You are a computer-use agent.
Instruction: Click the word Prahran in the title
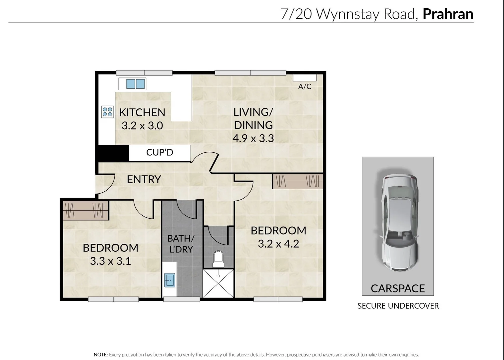click(448, 14)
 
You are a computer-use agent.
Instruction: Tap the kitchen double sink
click(136, 84)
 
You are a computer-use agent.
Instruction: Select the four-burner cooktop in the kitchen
click(107, 112)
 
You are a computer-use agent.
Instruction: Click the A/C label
click(304, 86)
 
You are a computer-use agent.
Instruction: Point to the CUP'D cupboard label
click(160, 152)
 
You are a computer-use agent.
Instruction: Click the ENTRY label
click(144, 179)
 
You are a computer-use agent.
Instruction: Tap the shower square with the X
click(218, 283)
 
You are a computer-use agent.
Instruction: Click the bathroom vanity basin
click(170, 280)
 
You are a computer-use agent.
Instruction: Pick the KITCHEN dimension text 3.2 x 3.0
click(142, 126)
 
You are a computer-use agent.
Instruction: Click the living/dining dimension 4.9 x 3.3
click(253, 138)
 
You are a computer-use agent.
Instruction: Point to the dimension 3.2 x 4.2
click(278, 244)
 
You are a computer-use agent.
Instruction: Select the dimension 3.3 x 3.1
click(110, 261)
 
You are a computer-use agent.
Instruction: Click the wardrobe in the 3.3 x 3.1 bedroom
click(86, 210)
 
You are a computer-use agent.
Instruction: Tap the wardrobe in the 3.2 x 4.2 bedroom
click(297, 181)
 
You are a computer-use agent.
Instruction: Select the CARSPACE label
click(398, 288)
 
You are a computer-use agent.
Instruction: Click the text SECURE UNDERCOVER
click(398, 306)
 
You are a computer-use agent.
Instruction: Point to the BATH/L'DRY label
click(181, 244)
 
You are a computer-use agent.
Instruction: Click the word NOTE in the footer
click(101, 355)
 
